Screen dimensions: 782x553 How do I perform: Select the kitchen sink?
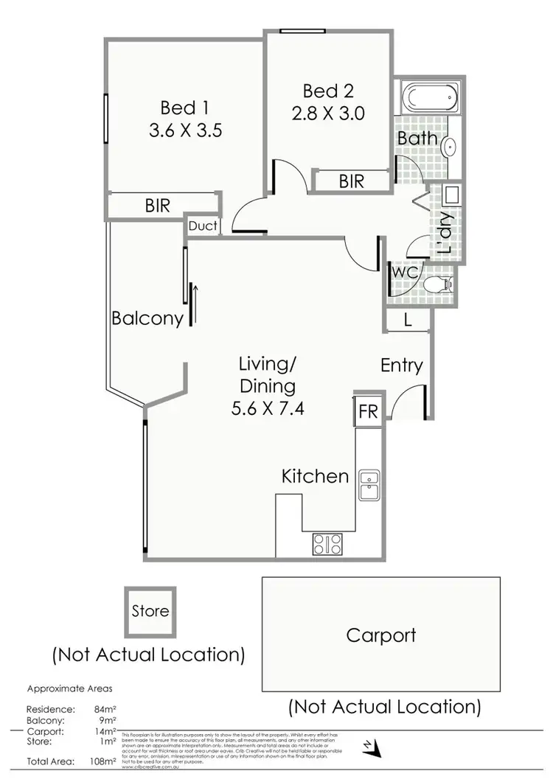click(368, 485)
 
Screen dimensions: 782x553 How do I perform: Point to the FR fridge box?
click(367, 411)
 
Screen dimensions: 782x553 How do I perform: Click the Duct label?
click(203, 226)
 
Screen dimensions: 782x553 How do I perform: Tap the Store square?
click(150, 612)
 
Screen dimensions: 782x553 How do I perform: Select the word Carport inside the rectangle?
click(380, 635)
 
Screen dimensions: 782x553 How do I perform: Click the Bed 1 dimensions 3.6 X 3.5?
click(185, 131)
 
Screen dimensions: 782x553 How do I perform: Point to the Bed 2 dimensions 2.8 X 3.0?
click(329, 114)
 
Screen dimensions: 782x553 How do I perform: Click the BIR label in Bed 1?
click(157, 206)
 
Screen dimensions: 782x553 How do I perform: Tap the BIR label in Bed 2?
click(352, 181)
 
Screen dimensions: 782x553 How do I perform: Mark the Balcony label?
click(147, 319)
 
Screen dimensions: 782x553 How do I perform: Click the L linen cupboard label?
click(407, 321)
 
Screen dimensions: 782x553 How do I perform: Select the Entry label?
click(402, 366)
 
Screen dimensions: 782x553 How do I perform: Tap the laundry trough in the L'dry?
click(451, 196)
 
